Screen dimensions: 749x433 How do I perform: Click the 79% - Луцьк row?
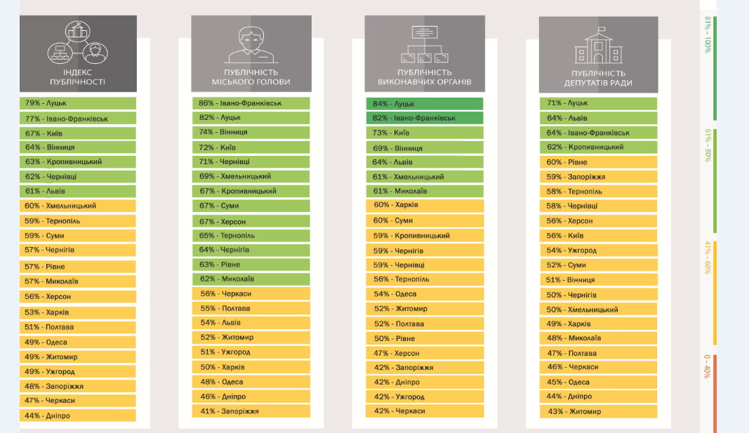tap(78, 103)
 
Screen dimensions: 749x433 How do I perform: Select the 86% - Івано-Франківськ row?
tap(251, 103)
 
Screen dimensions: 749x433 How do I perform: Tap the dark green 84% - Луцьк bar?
tap(425, 104)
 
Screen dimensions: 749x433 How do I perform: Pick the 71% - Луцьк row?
tap(598, 103)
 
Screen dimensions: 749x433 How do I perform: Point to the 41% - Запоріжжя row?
tap(251, 411)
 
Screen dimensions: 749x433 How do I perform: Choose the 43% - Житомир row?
tap(598, 411)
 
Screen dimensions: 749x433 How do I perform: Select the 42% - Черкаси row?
tap(425, 411)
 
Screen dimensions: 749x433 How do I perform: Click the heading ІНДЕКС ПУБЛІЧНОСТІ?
tap(77, 77)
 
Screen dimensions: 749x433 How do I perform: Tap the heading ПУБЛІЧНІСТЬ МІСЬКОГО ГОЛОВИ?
tap(251, 77)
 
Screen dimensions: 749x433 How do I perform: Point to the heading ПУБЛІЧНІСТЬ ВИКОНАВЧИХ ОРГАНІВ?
tap(425, 77)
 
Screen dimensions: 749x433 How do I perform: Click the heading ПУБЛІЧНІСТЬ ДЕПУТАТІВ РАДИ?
tap(598, 79)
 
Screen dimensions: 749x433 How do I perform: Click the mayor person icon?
tap(251, 45)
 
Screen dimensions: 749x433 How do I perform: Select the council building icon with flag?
tap(598, 46)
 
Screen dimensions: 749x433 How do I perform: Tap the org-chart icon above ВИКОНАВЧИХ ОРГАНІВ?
tap(425, 44)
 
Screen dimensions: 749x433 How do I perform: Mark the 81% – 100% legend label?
tap(708, 35)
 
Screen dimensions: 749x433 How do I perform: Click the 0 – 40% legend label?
tap(708, 366)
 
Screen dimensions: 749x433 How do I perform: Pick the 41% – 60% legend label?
tap(708, 258)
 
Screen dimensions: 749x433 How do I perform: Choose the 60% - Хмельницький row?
tap(78, 206)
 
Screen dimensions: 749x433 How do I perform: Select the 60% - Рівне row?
tap(598, 162)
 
